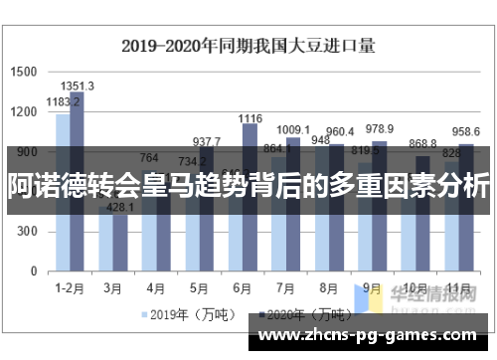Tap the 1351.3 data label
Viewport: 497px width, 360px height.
point(78,86)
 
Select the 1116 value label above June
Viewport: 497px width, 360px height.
point(249,118)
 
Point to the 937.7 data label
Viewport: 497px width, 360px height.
point(207,142)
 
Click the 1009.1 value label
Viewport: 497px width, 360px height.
point(293,129)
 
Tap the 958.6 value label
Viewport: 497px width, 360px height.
point(465,132)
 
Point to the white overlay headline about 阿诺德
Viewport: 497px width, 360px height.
point(248,185)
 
